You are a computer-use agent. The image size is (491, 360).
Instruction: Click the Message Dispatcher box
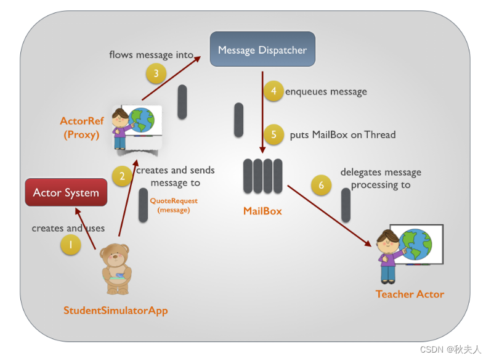pyautogui.click(x=262, y=49)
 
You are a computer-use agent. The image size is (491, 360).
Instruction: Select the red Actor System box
pyautogui.click(x=66, y=193)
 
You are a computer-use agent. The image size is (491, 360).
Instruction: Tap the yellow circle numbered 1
pyautogui.click(x=70, y=245)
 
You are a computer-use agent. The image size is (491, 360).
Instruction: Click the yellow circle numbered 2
pyautogui.click(x=123, y=176)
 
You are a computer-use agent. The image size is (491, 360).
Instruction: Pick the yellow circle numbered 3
pyautogui.click(x=156, y=74)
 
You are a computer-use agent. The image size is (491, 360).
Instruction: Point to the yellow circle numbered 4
pyautogui.click(x=273, y=91)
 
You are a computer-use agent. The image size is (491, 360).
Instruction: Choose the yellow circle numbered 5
pyautogui.click(x=274, y=134)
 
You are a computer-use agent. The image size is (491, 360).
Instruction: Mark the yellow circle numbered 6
pyautogui.click(x=321, y=185)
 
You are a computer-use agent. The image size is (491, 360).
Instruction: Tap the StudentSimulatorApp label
pyautogui.click(x=115, y=310)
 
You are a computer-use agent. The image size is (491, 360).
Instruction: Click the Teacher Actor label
pyautogui.click(x=410, y=294)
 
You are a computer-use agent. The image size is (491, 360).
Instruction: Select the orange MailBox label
pyautogui.click(x=262, y=211)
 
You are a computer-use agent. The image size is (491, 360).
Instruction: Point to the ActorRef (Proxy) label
pyautogui.click(x=81, y=128)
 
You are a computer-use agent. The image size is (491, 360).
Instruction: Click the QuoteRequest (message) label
pyautogui.click(x=174, y=205)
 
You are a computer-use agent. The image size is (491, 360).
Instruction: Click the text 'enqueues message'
pyautogui.click(x=326, y=92)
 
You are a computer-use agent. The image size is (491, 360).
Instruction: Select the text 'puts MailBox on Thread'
pyautogui.click(x=343, y=134)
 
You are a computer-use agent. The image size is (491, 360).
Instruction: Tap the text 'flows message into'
pyautogui.click(x=151, y=55)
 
